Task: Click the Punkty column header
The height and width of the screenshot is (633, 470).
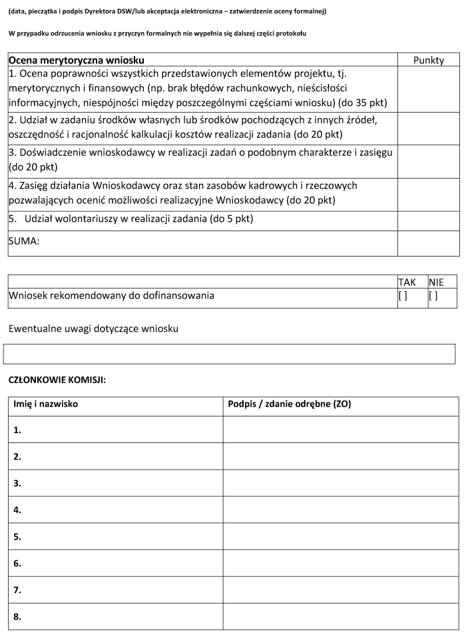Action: [x=428, y=60]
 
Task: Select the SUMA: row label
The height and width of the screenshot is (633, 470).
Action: [x=24, y=242]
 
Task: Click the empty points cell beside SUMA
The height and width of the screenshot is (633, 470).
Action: [x=428, y=243]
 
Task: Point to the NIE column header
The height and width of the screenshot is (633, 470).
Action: [x=436, y=282]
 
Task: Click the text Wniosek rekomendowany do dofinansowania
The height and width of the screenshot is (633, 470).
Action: [x=111, y=295]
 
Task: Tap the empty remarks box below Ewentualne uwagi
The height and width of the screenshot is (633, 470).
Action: [x=230, y=354]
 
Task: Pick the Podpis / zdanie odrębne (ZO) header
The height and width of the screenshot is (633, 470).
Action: [x=289, y=404]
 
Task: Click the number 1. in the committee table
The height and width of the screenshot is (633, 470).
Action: [x=17, y=430]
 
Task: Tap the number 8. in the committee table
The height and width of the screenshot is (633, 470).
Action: [x=17, y=616]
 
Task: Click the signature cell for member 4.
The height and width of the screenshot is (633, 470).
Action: [x=340, y=510]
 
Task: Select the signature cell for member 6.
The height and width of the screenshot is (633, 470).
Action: [x=340, y=563]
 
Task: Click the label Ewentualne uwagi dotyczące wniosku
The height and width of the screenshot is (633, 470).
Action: [x=93, y=328]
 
